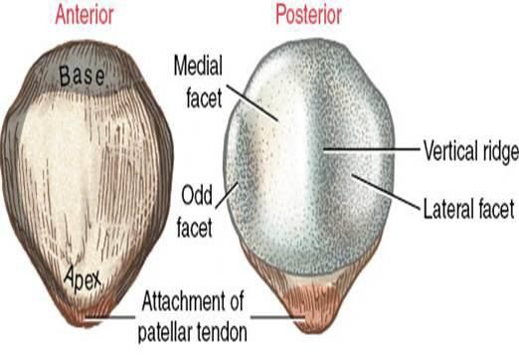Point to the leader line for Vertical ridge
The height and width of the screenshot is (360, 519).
click(x=368, y=150)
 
